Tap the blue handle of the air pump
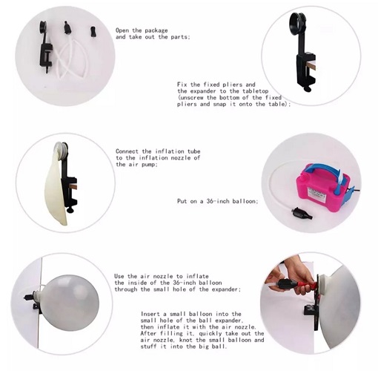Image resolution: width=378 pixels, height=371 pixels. (321, 169)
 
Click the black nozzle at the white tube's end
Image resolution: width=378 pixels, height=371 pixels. (302, 214)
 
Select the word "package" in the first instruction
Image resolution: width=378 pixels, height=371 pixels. (156, 30)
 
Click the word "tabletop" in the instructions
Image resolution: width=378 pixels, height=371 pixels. (255, 91)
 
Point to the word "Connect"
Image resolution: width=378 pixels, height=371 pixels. (127, 151)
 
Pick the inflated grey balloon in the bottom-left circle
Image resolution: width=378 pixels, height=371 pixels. (69, 299)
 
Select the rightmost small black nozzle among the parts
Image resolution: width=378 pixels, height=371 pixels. (93, 32)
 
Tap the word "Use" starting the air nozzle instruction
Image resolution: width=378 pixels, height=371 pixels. (119, 276)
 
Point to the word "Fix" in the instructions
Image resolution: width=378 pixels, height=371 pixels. (182, 85)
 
